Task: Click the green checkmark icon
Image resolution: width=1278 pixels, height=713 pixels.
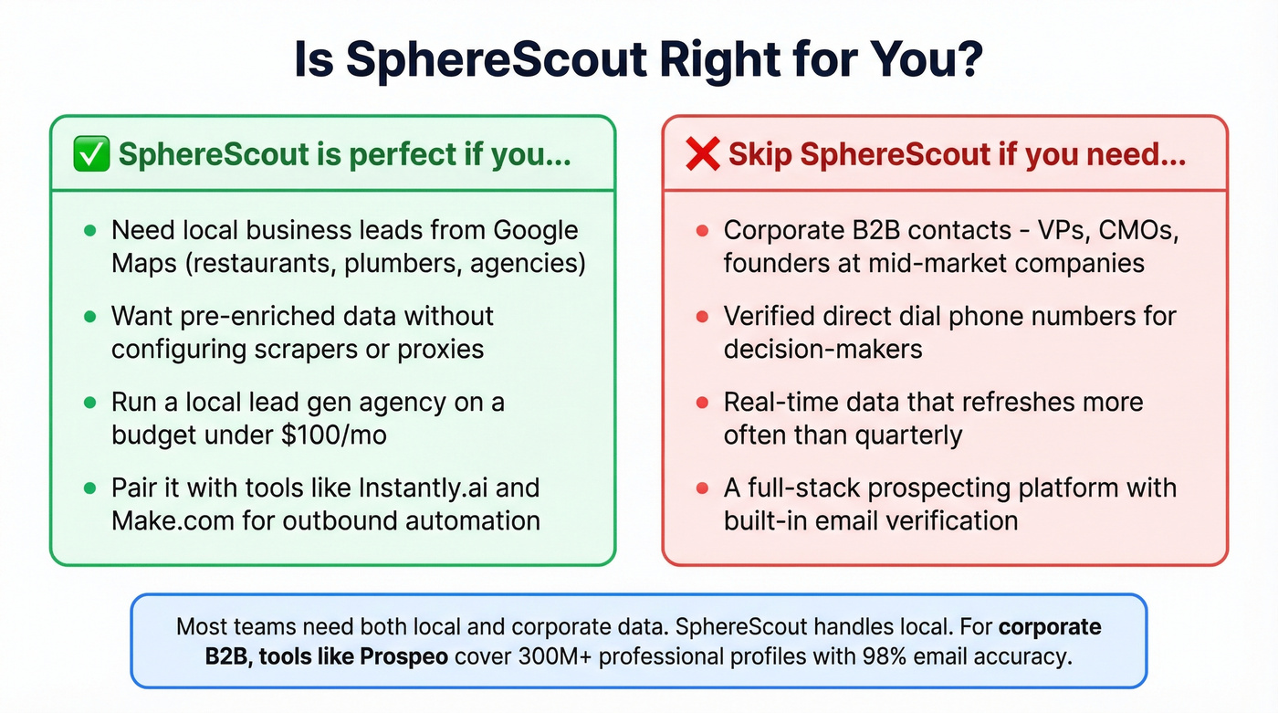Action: coord(91,154)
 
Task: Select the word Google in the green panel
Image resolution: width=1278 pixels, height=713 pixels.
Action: coord(536,230)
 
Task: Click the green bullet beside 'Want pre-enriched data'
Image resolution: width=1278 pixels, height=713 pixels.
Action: coord(89,317)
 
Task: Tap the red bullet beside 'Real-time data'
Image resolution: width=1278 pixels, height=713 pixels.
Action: coord(702,403)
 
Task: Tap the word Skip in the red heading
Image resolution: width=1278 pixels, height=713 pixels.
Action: coord(759,154)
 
